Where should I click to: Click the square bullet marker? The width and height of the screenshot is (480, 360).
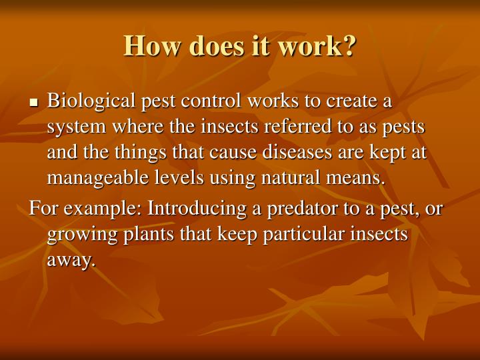tap(34, 103)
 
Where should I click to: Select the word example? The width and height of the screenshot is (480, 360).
tap(100, 209)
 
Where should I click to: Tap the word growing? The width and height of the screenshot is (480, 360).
tap(76, 235)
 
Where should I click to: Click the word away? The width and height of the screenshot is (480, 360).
tap(71, 261)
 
